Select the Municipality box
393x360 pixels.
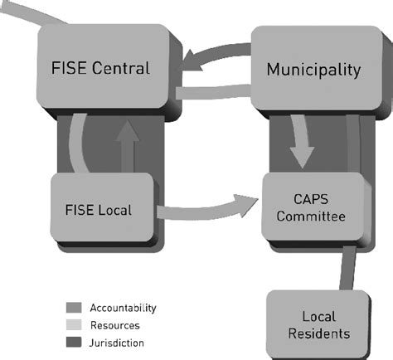click(313, 69)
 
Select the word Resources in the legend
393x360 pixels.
click(115, 325)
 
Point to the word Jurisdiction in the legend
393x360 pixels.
click(117, 343)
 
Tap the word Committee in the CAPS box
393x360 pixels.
click(312, 217)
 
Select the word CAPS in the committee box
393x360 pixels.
click(312, 198)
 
